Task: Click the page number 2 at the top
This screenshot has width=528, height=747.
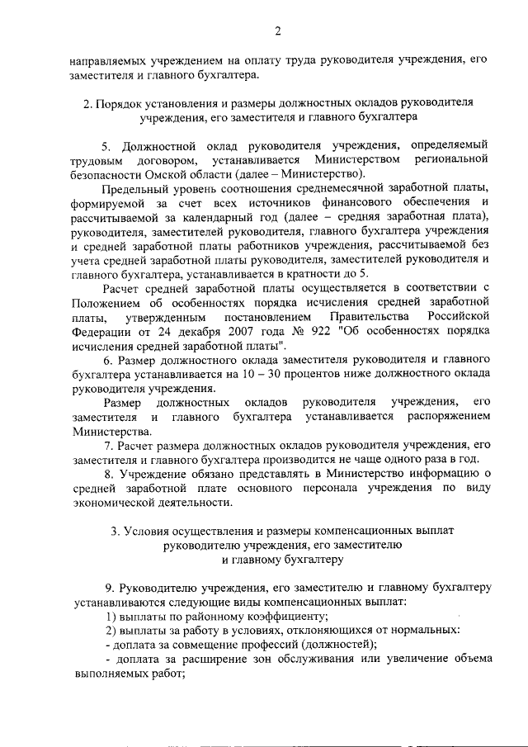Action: [278, 31]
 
